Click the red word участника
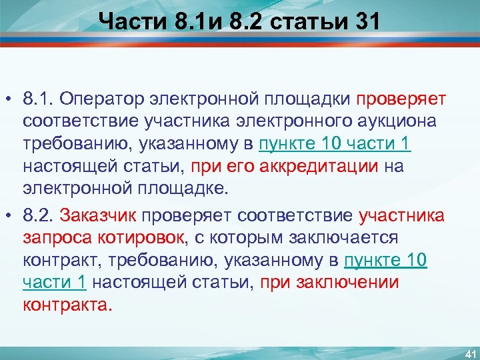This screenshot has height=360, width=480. pyautogui.click(x=402, y=215)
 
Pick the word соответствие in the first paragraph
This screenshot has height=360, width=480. pyautogui.click(x=70, y=122)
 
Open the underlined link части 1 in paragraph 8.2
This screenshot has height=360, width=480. pyautogui.click(x=54, y=282)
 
